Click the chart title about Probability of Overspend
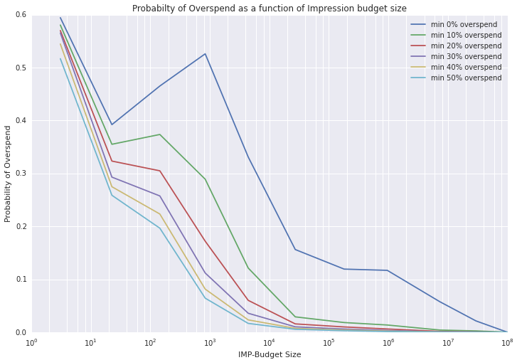click(x=269, y=9)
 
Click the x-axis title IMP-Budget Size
click(x=269, y=354)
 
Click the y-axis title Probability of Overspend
click(x=9, y=174)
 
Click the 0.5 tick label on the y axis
click(x=20, y=68)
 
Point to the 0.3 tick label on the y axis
click(x=20, y=174)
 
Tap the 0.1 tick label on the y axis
click(x=20, y=280)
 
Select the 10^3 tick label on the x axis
click(x=210, y=342)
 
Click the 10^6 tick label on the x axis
click(x=388, y=342)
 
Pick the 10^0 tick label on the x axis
click(x=32, y=342)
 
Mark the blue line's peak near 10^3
click(x=206, y=54)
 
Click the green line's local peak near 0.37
click(x=160, y=134)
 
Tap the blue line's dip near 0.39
click(x=111, y=125)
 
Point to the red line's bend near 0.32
click(x=111, y=161)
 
